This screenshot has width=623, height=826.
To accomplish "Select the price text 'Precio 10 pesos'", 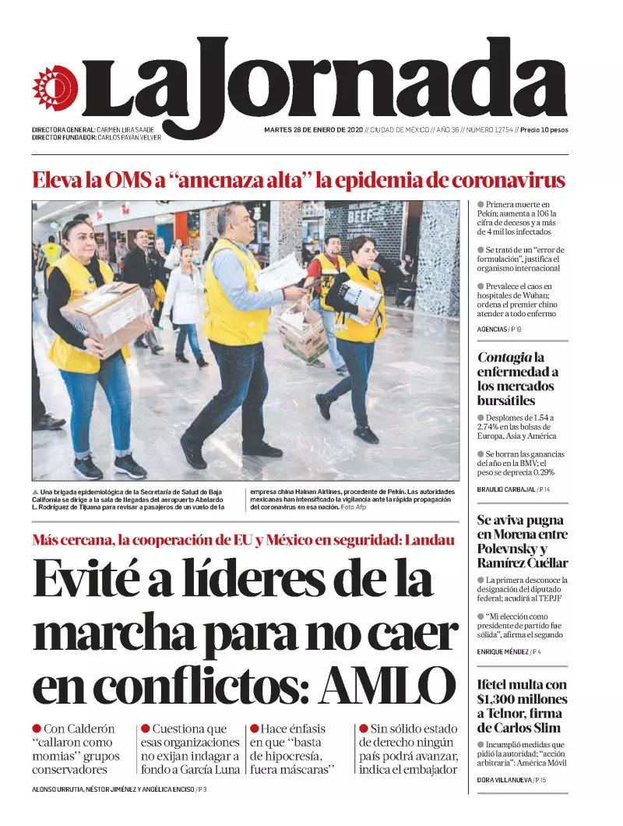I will [544, 129].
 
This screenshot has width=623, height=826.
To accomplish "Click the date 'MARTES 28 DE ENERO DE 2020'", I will [314, 129].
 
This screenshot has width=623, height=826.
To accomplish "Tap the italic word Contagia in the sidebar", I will [505, 358].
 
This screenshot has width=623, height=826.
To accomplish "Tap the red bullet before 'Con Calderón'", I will [37, 729].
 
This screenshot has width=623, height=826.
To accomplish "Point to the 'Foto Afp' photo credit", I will [354, 507].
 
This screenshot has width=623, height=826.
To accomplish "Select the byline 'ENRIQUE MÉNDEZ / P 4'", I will [513, 651].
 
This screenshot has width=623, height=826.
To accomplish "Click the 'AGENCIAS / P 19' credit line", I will [499, 330].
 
